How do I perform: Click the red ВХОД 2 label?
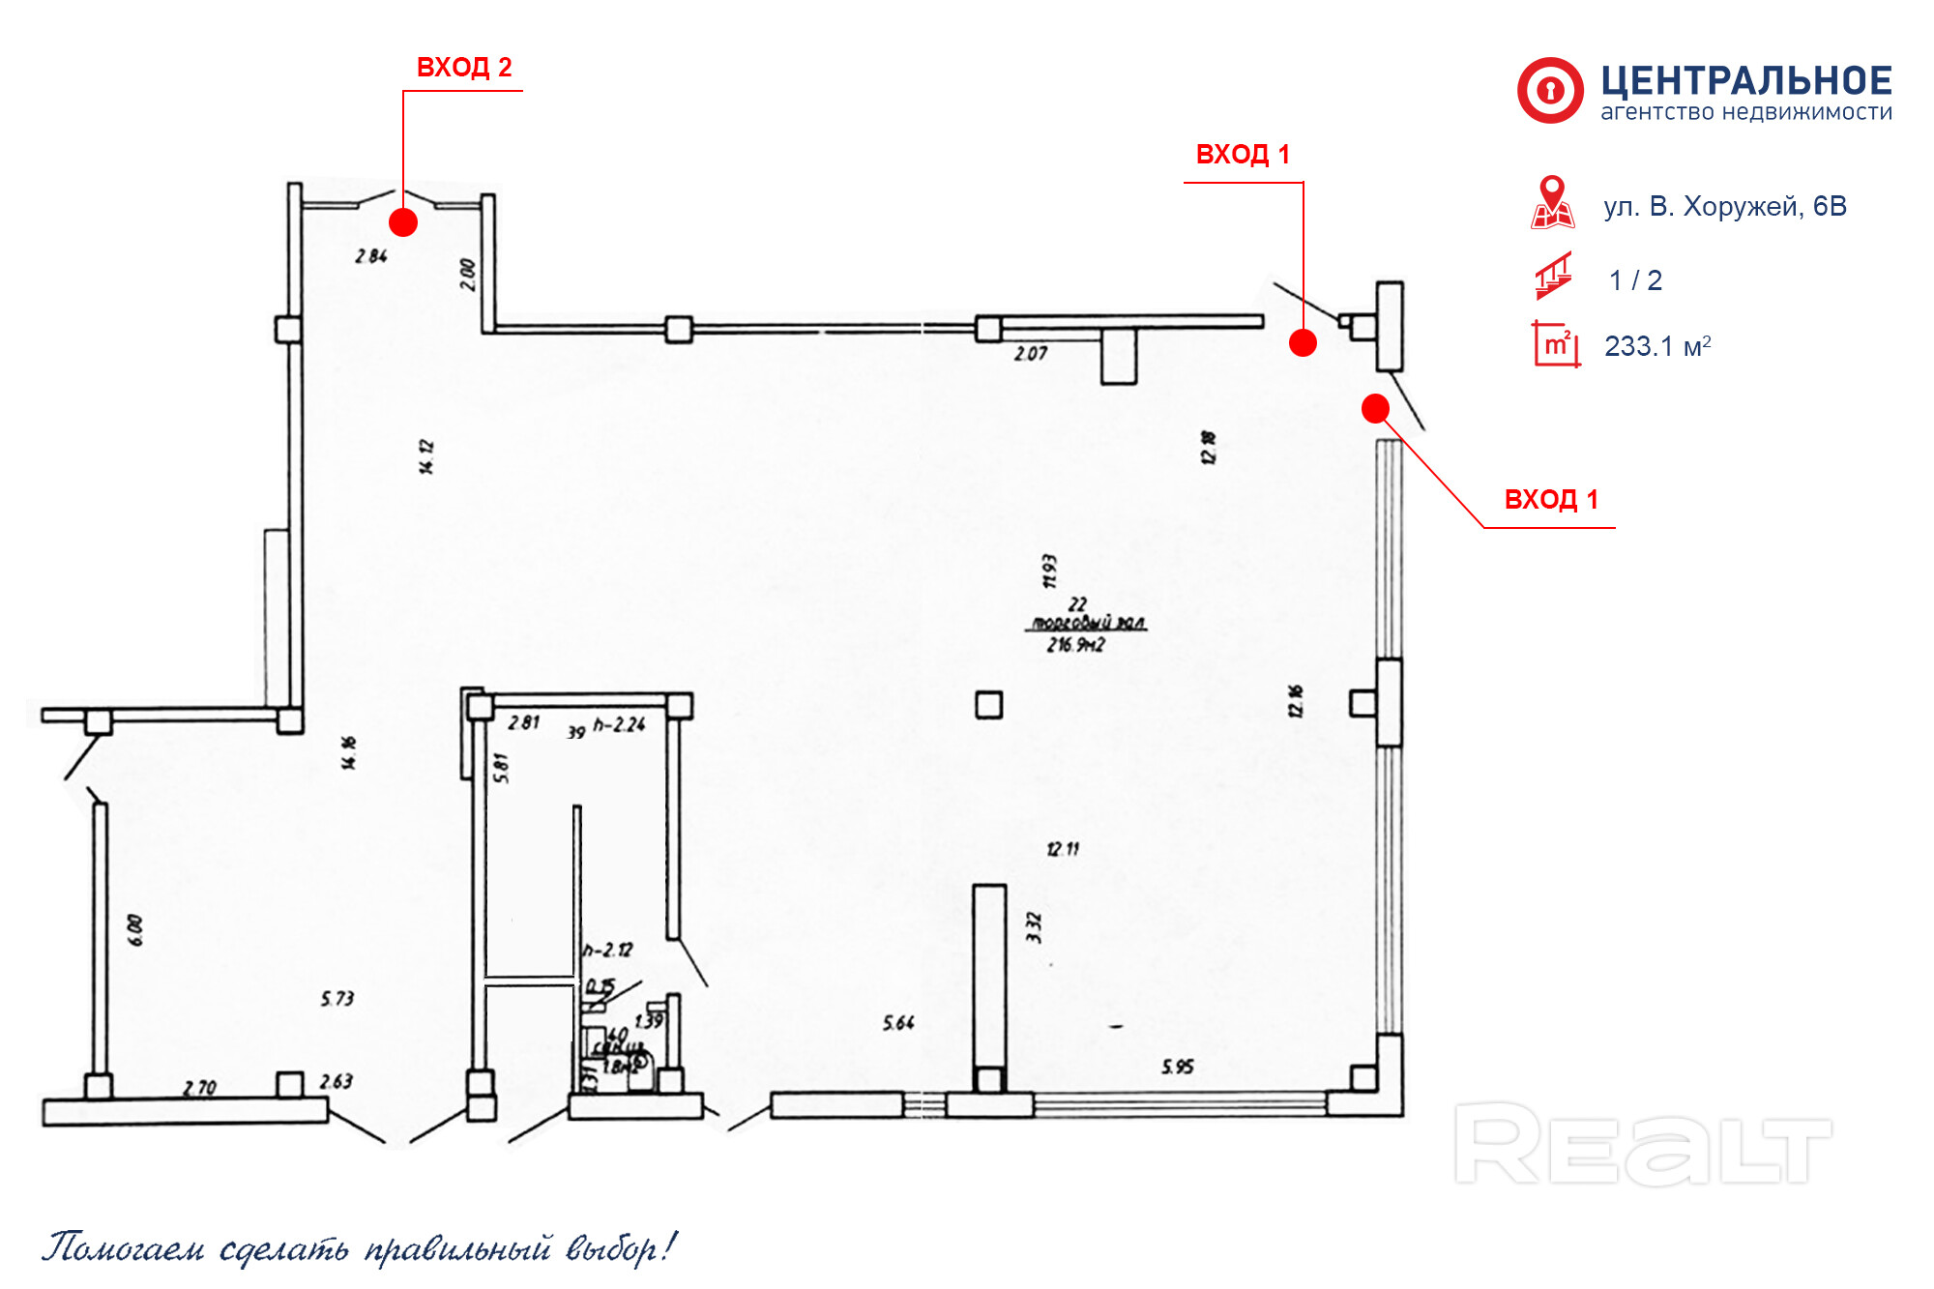[464, 68]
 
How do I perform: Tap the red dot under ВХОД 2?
[403, 222]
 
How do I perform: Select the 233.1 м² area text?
[1657, 346]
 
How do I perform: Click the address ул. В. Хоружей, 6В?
[1725, 207]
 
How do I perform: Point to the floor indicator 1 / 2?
[1635, 280]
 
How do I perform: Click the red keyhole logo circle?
[1550, 91]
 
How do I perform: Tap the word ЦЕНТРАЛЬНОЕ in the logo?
[1746, 80]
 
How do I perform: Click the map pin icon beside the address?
[1552, 201]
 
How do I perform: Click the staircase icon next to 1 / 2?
[1554, 277]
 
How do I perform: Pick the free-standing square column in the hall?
[988, 705]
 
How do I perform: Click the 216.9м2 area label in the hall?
[1075, 645]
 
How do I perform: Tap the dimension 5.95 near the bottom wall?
[1177, 1067]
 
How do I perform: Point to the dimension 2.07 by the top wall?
[1031, 354]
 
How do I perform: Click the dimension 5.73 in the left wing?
[337, 998]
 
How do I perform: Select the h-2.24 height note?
[619, 724]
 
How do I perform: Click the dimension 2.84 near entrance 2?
[371, 256]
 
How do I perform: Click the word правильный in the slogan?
[457, 1248]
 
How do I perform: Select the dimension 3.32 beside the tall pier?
[1034, 927]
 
